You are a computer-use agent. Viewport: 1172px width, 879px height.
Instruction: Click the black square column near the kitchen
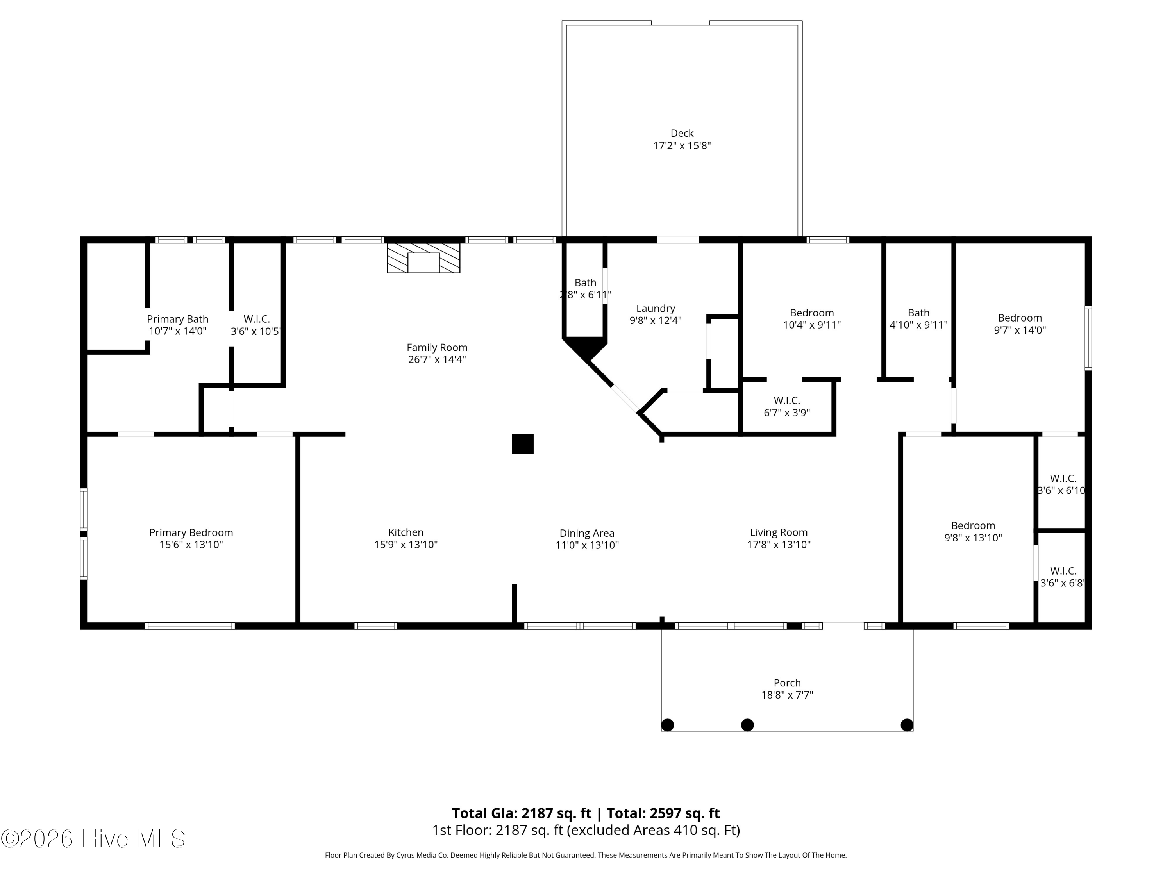point(522,444)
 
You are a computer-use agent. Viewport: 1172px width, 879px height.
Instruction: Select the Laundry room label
point(656,308)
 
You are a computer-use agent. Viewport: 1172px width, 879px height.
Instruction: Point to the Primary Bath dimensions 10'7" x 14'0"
point(177,331)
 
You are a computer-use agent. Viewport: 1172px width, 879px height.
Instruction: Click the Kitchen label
point(406,532)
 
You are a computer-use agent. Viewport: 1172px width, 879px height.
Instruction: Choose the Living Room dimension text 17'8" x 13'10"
point(778,545)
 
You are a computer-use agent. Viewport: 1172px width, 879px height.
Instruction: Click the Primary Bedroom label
point(191,532)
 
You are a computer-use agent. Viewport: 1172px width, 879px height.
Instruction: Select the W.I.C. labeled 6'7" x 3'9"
point(787,406)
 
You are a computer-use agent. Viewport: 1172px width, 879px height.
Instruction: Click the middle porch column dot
point(747,724)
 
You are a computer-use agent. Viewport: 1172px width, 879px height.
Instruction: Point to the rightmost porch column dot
point(907,724)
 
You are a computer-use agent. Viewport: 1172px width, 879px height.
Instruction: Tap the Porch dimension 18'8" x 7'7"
point(787,695)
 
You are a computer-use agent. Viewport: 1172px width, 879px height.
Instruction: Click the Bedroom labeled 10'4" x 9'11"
point(812,318)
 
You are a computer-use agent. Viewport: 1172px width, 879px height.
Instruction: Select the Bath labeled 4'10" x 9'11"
point(918,318)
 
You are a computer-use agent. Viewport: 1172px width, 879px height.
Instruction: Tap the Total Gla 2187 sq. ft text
point(522,813)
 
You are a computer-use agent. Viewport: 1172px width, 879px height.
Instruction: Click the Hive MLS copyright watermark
point(93,839)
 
